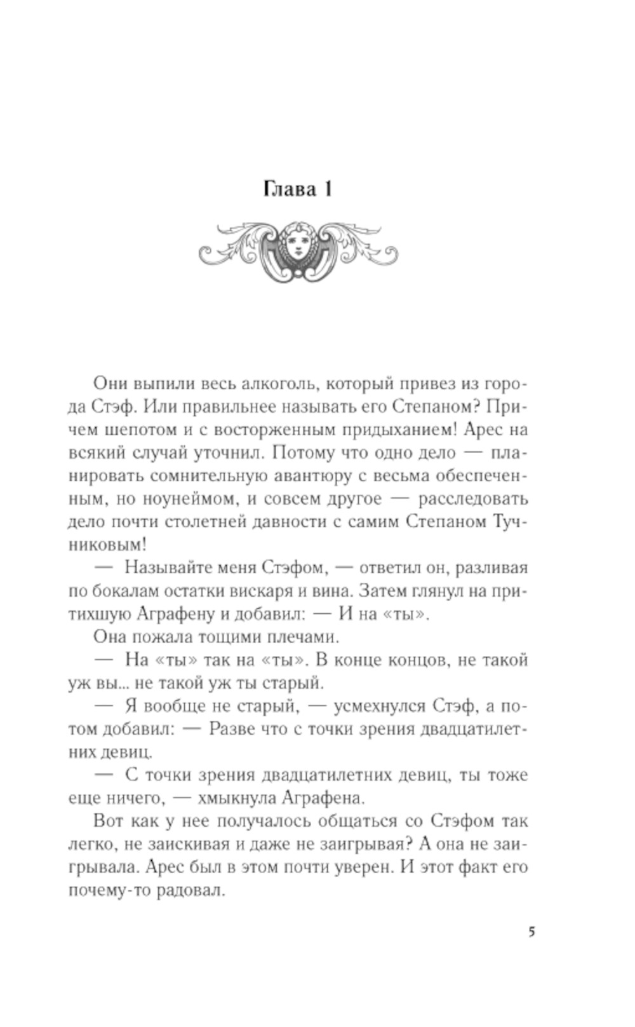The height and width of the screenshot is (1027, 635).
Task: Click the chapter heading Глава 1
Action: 297,189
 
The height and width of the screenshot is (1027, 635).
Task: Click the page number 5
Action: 531,932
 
